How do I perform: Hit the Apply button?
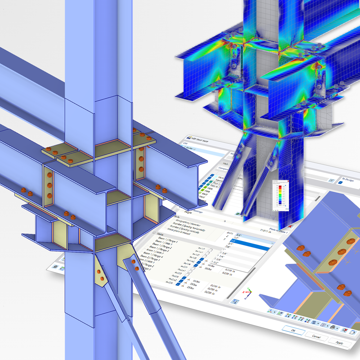[339, 342]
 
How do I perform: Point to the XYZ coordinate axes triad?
[248, 293]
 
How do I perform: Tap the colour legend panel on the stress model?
[279, 195]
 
